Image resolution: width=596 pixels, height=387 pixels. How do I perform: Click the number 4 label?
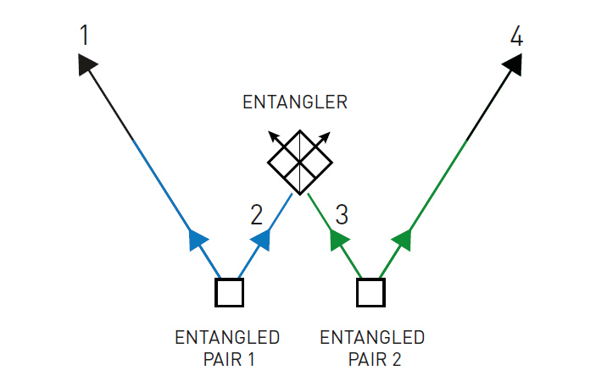tap(517, 36)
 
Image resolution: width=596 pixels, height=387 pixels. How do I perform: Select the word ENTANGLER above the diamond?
tap(295, 102)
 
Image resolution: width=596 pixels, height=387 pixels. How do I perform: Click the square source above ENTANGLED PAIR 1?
tap(229, 292)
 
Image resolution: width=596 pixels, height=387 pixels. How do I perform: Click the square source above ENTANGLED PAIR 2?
tap(370, 292)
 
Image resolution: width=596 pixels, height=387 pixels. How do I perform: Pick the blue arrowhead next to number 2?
tap(261, 240)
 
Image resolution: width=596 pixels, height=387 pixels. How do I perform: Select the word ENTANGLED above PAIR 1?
tap(227, 338)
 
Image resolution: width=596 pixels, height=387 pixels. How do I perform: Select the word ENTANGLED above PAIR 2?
tap(372, 338)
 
